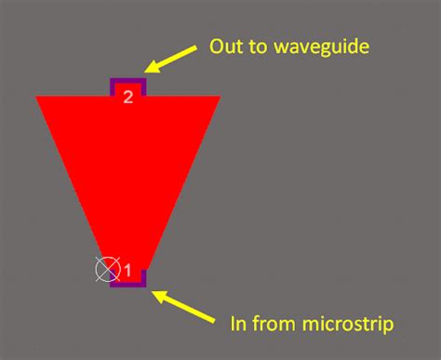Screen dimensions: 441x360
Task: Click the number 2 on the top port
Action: [128, 96]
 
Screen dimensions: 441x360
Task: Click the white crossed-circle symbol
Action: [108, 270]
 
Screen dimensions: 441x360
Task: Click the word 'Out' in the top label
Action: [224, 46]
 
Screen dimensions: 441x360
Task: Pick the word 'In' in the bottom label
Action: [236, 324]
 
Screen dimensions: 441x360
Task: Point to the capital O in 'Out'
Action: [216, 46]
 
